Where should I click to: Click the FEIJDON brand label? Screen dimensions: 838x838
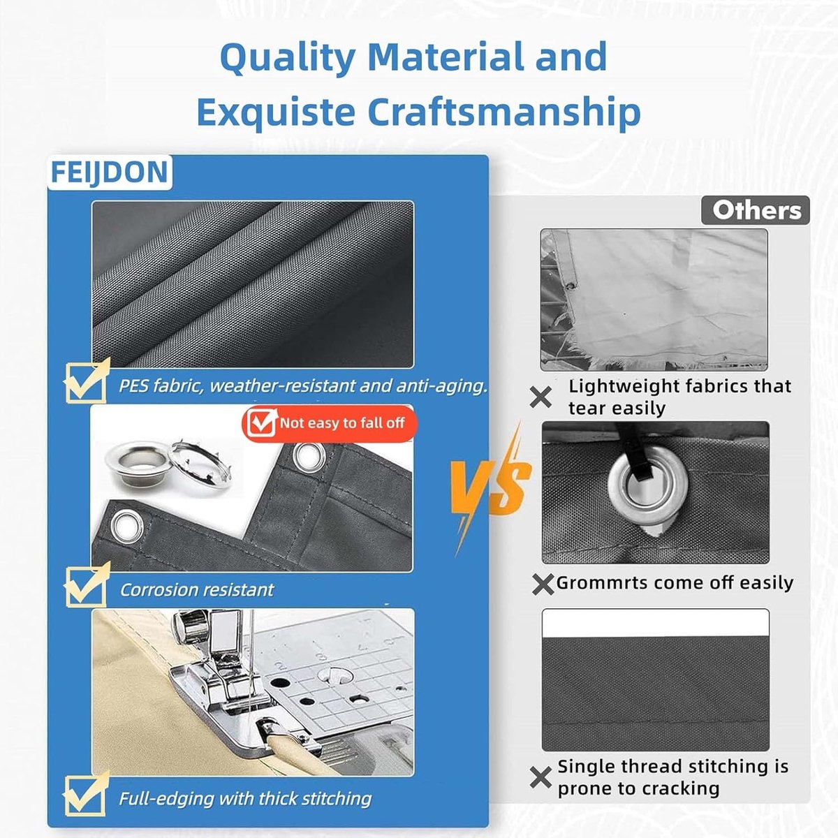coord(110,172)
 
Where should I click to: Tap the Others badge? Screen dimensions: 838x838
coord(756,210)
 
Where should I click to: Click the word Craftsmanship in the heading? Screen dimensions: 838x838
coord(504,112)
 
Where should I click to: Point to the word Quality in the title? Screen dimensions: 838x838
coord(288,58)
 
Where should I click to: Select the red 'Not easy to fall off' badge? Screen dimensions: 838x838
coord(329,423)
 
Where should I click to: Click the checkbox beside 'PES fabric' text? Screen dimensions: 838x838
coord(86,381)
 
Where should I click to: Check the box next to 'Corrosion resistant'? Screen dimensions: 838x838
coord(86,585)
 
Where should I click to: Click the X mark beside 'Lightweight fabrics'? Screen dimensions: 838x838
coord(541,397)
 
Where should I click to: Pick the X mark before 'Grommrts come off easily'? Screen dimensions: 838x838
coord(543,585)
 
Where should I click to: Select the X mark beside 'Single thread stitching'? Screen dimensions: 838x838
coord(541,778)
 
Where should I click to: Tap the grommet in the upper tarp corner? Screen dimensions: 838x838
coord(309,457)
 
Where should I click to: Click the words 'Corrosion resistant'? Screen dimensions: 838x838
coord(197,590)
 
